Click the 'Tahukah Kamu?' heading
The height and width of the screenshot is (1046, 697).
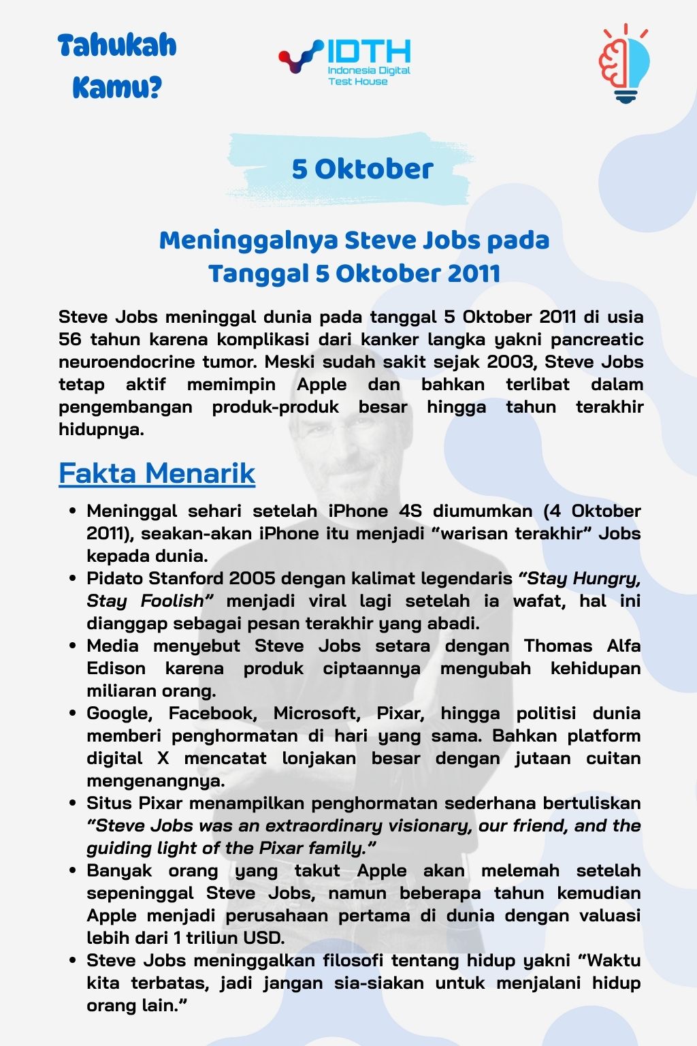point(117,66)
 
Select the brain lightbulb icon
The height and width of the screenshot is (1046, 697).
point(623,63)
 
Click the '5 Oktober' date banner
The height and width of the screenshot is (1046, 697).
point(362,169)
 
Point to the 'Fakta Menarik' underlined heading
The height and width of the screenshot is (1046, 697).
point(157,473)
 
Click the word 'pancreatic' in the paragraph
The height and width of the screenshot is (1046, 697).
point(597,339)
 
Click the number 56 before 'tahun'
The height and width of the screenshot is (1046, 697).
point(69,339)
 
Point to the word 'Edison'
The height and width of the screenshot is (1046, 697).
point(116,668)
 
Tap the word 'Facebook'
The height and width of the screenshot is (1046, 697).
point(212,713)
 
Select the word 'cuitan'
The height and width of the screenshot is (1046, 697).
point(613,758)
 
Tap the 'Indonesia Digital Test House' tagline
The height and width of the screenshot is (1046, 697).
point(368,76)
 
